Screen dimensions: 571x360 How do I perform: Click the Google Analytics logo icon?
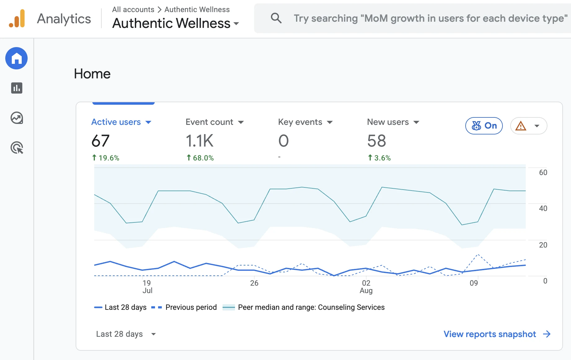17,19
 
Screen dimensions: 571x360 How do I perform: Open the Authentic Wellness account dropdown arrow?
236,24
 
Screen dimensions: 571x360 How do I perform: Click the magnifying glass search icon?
276,18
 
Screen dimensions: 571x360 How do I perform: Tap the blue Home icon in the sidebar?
16,58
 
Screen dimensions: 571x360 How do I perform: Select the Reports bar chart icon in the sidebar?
17,88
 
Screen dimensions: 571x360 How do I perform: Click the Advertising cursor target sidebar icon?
17,148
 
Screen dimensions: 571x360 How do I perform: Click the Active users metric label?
116,122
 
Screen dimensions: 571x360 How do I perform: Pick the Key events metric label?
300,122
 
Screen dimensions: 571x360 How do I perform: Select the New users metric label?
388,122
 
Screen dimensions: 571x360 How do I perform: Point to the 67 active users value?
100,141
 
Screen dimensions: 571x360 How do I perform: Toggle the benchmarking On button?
484,126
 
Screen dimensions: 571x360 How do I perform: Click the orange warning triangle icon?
521,126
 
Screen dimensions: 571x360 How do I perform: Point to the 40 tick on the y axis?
543,209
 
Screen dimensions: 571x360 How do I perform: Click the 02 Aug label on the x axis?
366,287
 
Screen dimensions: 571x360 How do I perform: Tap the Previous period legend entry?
184,307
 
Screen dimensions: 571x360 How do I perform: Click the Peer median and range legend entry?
303,307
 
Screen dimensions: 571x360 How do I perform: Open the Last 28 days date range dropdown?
126,334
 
